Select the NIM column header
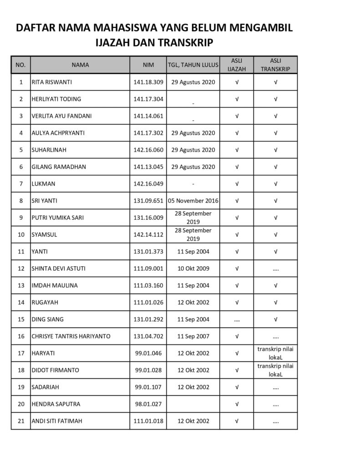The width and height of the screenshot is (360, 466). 148,65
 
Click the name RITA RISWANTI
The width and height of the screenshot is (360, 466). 52,82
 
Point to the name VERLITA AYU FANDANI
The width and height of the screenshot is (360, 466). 61,116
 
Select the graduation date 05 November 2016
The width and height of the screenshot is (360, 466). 193,201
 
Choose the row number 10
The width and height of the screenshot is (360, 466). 20,234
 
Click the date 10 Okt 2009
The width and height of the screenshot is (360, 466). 193,268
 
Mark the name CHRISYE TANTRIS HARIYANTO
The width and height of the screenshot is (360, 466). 71,336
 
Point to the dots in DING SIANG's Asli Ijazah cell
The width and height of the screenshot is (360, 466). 237,319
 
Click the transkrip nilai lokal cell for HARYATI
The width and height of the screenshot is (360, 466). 275,353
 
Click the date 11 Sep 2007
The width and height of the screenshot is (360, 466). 193,336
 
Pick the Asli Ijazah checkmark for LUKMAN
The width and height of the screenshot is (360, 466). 237,184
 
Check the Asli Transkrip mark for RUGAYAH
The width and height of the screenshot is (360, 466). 275,302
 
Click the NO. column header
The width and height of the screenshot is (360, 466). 20,65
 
